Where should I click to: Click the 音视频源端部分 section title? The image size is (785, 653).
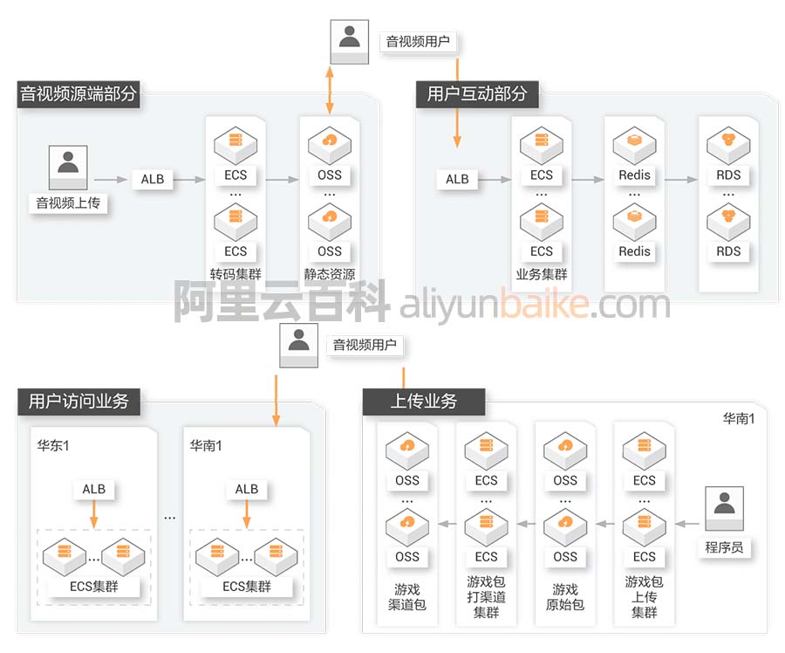[x=78, y=94]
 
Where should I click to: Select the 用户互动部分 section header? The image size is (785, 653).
[x=477, y=94]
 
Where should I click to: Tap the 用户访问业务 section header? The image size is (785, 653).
[x=78, y=402]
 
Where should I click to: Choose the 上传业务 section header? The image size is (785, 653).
[x=423, y=402]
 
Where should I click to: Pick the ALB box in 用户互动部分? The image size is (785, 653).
[x=457, y=179]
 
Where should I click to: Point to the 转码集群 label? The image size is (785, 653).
[x=235, y=274]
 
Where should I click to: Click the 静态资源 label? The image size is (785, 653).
[x=330, y=274]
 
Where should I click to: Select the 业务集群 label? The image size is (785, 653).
[x=542, y=274]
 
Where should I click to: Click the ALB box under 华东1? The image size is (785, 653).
[x=94, y=489]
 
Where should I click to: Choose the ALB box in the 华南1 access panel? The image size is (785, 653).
[x=247, y=489]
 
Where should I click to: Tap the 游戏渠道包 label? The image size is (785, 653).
[x=406, y=597]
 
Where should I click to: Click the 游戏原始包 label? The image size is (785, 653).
[x=565, y=597]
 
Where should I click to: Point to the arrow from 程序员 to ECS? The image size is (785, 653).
[x=686, y=524]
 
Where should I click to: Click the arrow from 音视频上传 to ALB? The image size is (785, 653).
[x=111, y=180]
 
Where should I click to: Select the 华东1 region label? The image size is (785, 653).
[x=52, y=445]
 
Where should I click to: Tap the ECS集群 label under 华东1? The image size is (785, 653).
[x=93, y=587]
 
